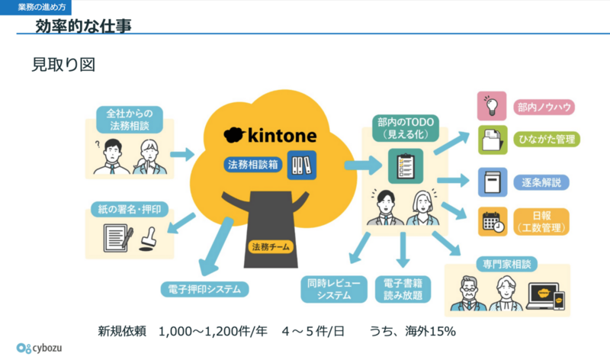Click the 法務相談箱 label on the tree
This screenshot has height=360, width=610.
[253, 165]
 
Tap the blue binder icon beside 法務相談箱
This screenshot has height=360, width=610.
[301, 166]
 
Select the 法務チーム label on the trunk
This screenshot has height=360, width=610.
[271, 247]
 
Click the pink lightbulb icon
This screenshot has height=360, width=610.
[492, 106]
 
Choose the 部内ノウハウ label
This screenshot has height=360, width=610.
[544, 107]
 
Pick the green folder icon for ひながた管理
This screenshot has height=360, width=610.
[493, 140]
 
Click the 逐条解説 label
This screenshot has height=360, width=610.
[541, 182]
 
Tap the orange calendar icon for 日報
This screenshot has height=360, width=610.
[493, 221]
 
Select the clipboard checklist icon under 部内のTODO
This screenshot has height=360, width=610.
[406, 166]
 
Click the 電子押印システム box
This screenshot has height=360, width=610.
[204, 289]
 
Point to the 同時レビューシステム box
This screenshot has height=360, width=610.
[334, 289]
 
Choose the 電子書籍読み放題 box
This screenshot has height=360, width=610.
[403, 289]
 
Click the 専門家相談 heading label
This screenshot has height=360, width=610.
[507, 264]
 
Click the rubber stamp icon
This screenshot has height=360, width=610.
[147, 238]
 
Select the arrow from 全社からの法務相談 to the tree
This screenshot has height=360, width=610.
[182, 154]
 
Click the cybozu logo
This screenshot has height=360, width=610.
[39, 348]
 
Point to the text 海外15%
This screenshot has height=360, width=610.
[430, 331]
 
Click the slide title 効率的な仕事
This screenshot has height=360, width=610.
[83, 26]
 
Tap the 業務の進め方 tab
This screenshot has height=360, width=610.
[35, 7]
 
